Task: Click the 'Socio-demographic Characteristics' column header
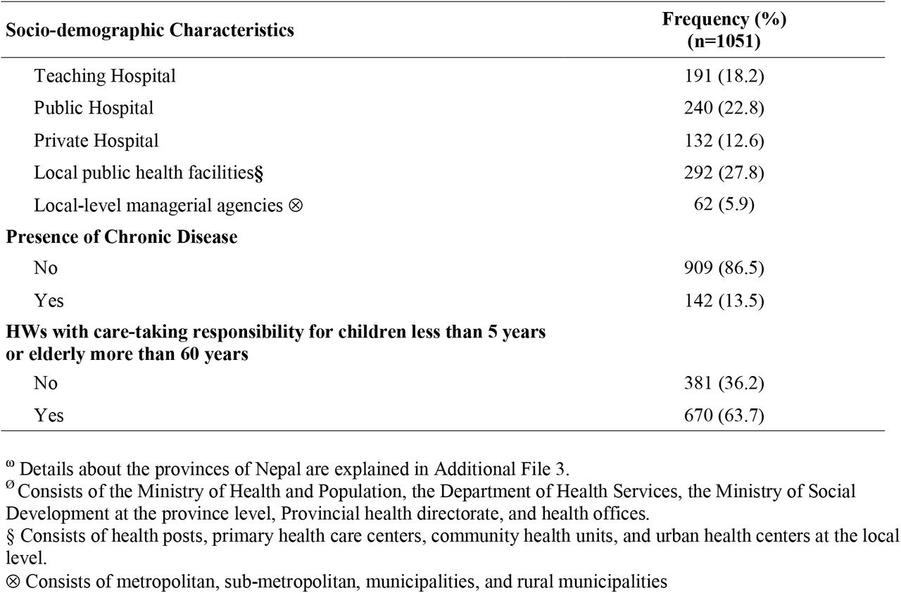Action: pyautogui.click(x=150, y=30)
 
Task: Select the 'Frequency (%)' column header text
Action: pyautogui.click(x=724, y=19)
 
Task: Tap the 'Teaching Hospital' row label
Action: pyautogui.click(x=105, y=76)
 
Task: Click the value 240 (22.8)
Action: pyautogui.click(x=724, y=108)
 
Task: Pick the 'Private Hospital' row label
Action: pyautogui.click(x=96, y=141)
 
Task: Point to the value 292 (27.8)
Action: pyautogui.click(x=724, y=173)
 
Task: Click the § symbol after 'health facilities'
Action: pyautogui.click(x=258, y=173)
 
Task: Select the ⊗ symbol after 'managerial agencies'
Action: pyautogui.click(x=296, y=206)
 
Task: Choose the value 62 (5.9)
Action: pyautogui.click(x=724, y=204)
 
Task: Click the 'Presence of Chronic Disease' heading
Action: pyautogui.click(x=122, y=237)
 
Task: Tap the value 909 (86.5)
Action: pyautogui.click(x=724, y=268)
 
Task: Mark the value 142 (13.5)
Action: pyautogui.click(x=724, y=301)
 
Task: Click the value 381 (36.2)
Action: pyautogui.click(x=724, y=383)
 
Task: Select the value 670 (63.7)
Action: pyautogui.click(x=724, y=416)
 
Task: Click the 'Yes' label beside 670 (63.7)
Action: pyautogui.click(x=49, y=416)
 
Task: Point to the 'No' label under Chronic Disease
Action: pyautogui.click(x=46, y=268)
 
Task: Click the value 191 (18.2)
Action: pyautogui.click(x=724, y=75)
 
